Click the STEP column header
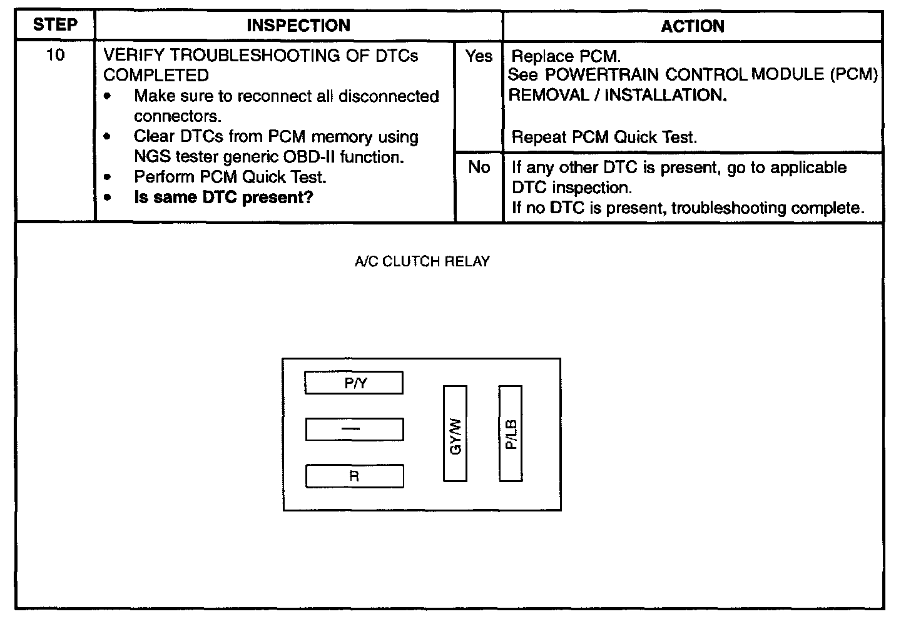tap(55, 26)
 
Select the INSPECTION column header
tap(298, 26)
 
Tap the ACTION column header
tap(693, 26)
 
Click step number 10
tap(55, 56)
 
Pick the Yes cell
tap(479, 56)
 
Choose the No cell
tap(479, 168)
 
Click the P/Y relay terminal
tap(354, 383)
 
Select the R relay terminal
tap(354, 476)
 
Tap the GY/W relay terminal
tap(455, 434)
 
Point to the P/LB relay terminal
tap(511, 434)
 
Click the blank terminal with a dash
tap(354, 430)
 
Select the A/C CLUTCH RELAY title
tap(422, 262)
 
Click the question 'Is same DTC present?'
tap(223, 198)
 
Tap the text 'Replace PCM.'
tap(566, 56)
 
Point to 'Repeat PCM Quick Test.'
tap(604, 138)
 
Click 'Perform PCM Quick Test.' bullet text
tap(230, 177)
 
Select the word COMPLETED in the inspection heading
tap(156, 76)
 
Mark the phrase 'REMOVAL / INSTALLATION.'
tap(618, 96)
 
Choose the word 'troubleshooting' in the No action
tap(728, 208)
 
